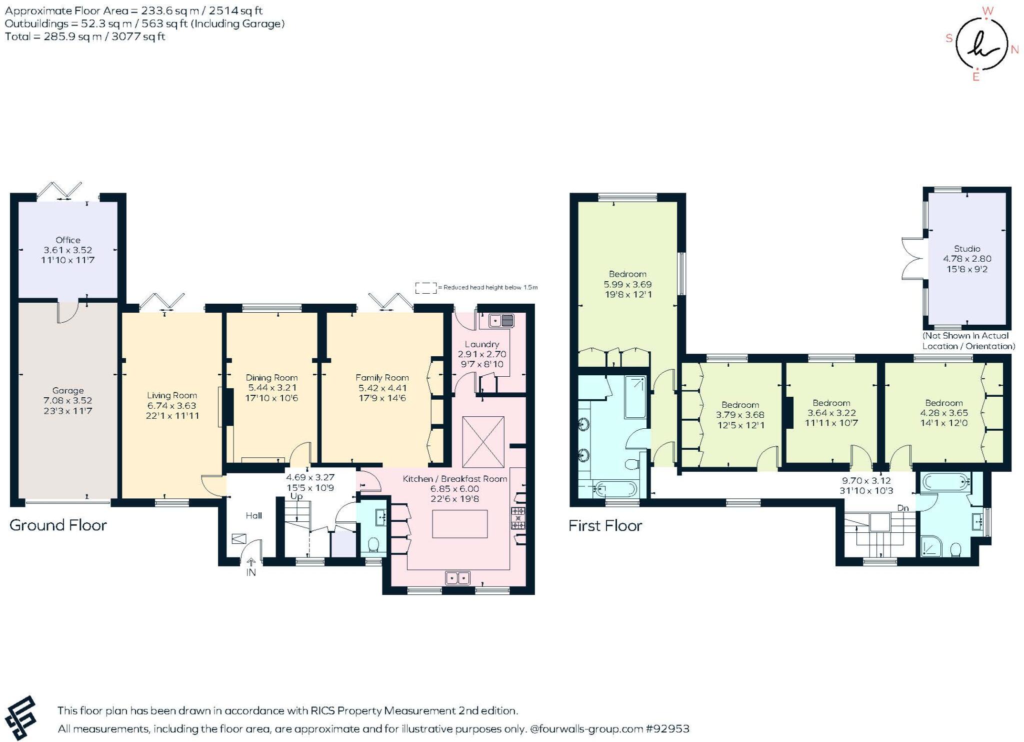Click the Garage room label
coord(68,390)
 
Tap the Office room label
coord(68,240)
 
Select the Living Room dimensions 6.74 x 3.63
coord(171,406)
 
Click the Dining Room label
coord(271,378)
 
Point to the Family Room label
coord(382,378)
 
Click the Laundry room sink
coord(501,320)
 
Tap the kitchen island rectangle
coord(459,524)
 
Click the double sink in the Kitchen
coord(457,578)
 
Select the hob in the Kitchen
coord(517,518)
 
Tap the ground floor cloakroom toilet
coord(373,544)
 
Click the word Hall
coord(253,515)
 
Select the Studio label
coord(966,249)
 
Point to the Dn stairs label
coord(902,508)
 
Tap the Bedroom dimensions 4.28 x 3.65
coord(943,413)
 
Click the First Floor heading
coord(605,526)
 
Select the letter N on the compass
coord(1014,49)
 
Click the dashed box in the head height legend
coord(425,288)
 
